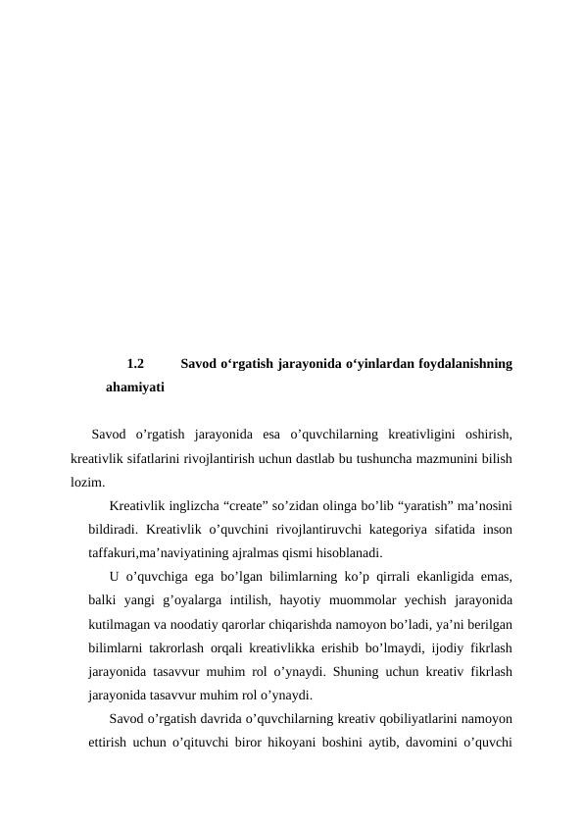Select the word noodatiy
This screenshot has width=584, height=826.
[183, 624]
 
